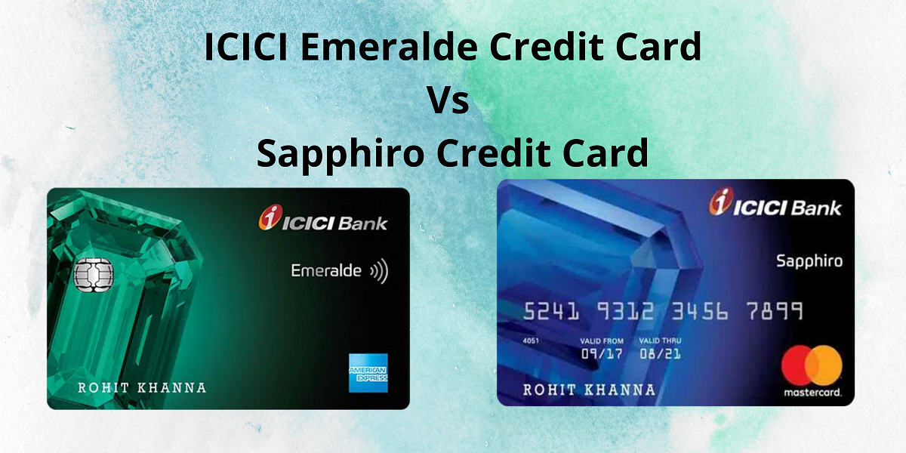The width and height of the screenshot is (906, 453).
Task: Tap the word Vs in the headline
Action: (448, 100)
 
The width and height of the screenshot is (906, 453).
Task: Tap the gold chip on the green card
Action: (94, 275)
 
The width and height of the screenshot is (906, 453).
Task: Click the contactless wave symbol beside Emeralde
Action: (379, 271)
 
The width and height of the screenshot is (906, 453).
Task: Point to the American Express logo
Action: (368, 373)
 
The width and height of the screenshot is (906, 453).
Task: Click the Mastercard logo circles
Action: (812, 365)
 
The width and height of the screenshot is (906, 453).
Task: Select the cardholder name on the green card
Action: (142, 388)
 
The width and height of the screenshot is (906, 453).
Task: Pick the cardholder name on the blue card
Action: (589, 390)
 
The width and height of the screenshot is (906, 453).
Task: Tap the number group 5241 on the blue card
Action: (551, 311)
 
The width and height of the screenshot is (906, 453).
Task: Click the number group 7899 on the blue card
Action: (775, 311)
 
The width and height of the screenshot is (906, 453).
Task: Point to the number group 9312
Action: (625, 311)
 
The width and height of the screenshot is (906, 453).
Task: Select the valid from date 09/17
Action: (602, 354)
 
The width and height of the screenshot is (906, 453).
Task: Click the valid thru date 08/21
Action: (660, 354)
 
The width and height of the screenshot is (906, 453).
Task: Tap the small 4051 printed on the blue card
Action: (531, 341)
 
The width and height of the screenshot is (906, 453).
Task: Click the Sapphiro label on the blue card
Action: (809, 262)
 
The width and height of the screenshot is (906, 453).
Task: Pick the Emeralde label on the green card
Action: (326, 270)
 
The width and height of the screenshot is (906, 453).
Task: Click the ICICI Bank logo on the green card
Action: (323, 218)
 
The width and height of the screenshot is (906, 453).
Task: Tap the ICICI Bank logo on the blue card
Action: (775, 202)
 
